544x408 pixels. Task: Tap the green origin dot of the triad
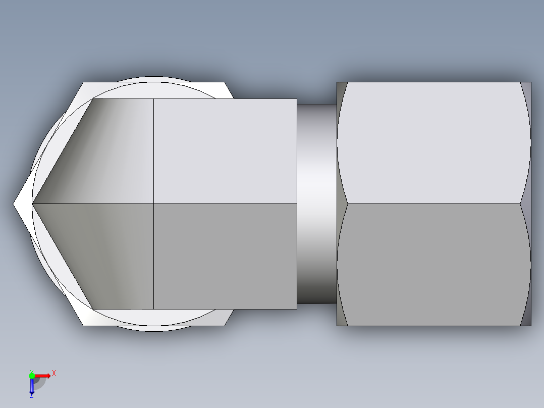click(32, 375)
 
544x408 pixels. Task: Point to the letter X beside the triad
click(53, 373)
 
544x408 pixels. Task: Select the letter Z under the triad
click(31, 396)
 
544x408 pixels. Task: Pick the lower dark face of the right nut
click(434, 265)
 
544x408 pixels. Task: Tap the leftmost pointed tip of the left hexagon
click(15, 204)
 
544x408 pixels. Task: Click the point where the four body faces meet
click(153, 203)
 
